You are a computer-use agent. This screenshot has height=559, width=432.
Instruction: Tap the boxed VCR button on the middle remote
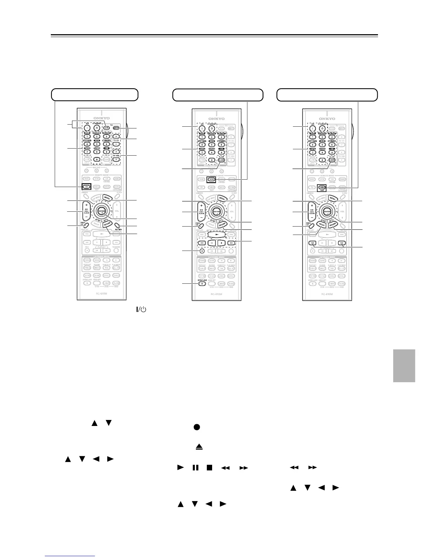[211, 179]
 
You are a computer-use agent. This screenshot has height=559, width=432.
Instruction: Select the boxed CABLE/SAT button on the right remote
[322, 188]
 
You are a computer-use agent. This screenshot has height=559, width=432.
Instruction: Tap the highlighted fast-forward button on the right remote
[342, 243]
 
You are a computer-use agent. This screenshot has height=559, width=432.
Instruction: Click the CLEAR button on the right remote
[332, 160]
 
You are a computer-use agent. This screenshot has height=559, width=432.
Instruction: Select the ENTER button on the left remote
[101, 211]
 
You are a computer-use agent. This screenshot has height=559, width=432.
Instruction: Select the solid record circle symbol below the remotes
[197, 427]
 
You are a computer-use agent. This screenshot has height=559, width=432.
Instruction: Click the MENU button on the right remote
[332, 199]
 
